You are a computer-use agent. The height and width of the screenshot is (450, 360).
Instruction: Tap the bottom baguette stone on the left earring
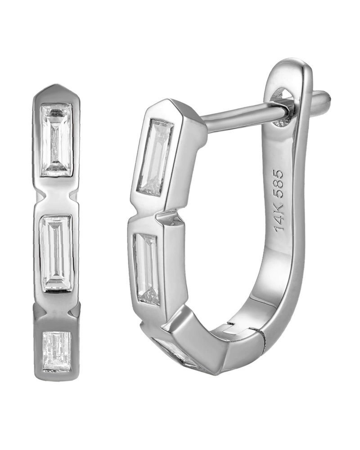57,351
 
